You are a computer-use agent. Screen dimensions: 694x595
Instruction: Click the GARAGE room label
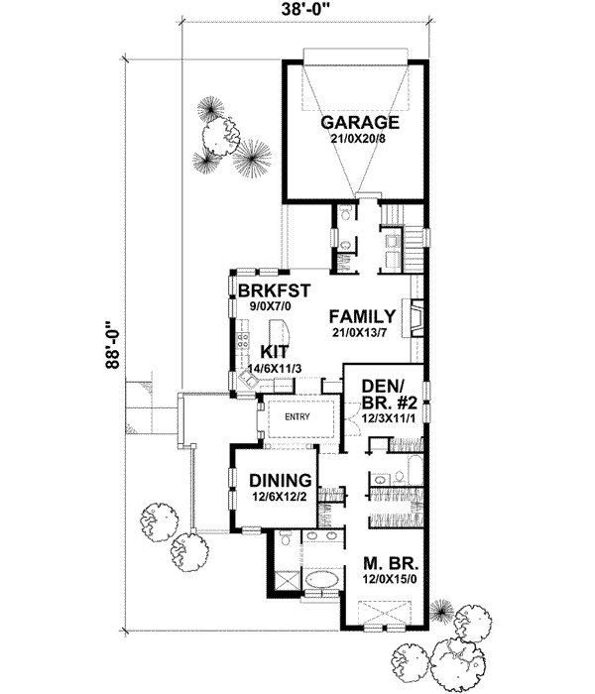coord(360,123)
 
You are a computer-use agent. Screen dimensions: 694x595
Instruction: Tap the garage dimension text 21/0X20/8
coord(360,140)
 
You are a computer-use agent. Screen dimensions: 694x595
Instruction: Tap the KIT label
coord(275,351)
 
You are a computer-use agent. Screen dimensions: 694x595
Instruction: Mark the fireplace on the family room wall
coord(419,316)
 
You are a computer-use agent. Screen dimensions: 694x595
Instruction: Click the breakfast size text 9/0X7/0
coord(275,306)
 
